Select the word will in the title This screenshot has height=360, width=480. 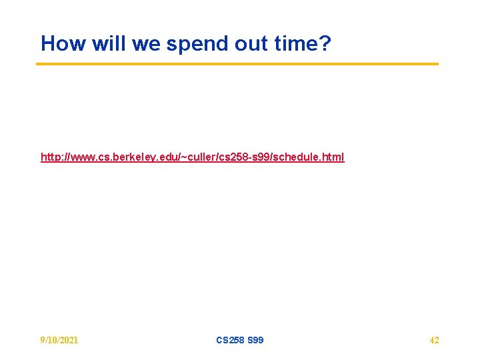pyautogui.click(x=107, y=44)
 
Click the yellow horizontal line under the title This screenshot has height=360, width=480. pyautogui.click(x=237, y=64)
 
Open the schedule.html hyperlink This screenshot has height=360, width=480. pyautogui.click(x=192, y=157)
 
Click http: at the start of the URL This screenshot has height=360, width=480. pyautogui.click(x=51, y=157)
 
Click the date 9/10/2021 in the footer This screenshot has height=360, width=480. pyautogui.click(x=59, y=340)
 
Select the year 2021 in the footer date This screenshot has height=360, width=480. pyautogui.click(x=68, y=340)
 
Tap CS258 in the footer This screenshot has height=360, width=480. pyautogui.click(x=230, y=340)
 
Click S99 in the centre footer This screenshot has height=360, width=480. pyautogui.click(x=255, y=340)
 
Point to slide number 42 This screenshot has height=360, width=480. pyautogui.click(x=434, y=340)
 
